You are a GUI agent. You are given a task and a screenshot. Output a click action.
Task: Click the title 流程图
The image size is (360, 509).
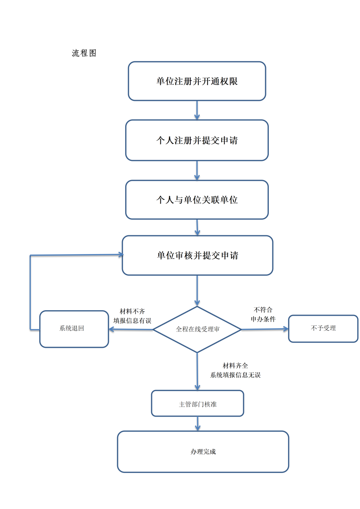pyautogui.click(x=84, y=53)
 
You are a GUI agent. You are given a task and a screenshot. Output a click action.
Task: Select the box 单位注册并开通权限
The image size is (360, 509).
pyautogui.click(x=197, y=81)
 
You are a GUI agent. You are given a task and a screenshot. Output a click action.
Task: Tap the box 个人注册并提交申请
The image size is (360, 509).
pyautogui.click(x=197, y=140)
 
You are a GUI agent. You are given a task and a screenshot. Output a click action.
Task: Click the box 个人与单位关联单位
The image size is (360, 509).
pyautogui.click(x=197, y=200)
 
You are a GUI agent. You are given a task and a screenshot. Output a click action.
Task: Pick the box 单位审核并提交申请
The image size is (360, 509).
pyautogui.click(x=197, y=255)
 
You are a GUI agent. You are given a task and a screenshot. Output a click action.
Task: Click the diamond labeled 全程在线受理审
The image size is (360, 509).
pyautogui.click(x=197, y=329)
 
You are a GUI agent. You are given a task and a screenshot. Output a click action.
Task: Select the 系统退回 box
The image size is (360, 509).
pyautogui.click(x=74, y=329)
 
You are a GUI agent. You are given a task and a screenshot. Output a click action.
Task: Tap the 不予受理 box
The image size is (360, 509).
pyautogui.click(x=323, y=329)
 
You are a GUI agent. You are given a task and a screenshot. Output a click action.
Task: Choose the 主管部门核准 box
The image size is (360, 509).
pyautogui.click(x=198, y=404)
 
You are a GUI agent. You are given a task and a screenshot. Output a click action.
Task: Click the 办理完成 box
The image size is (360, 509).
pyautogui.click(x=203, y=452)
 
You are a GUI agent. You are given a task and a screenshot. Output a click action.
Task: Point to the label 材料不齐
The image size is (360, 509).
pyautogui.click(x=132, y=311)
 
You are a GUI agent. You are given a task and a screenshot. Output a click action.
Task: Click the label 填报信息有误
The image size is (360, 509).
pyautogui.click(x=132, y=321)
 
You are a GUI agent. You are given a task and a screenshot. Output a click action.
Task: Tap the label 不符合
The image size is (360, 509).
pyautogui.click(x=263, y=310)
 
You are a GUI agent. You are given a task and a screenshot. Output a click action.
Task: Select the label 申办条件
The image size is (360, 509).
pyautogui.click(x=263, y=319)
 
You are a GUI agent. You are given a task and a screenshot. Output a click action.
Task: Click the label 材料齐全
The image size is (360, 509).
pyautogui.click(x=235, y=366)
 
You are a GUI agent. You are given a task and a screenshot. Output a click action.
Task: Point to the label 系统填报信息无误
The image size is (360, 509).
pyautogui.click(x=235, y=375)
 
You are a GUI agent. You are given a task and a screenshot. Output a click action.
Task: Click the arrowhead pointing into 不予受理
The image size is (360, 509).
pyautogui.click(x=285, y=329)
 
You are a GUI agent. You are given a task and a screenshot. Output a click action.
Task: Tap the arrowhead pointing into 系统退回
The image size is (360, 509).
pyautogui.click(x=112, y=329)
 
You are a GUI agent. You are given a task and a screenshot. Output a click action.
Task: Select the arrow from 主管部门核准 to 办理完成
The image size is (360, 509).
pyautogui.click(x=198, y=423)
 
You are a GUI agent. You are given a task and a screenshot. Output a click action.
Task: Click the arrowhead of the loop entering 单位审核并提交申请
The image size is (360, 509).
pyautogui.click(x=120, y=254)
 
